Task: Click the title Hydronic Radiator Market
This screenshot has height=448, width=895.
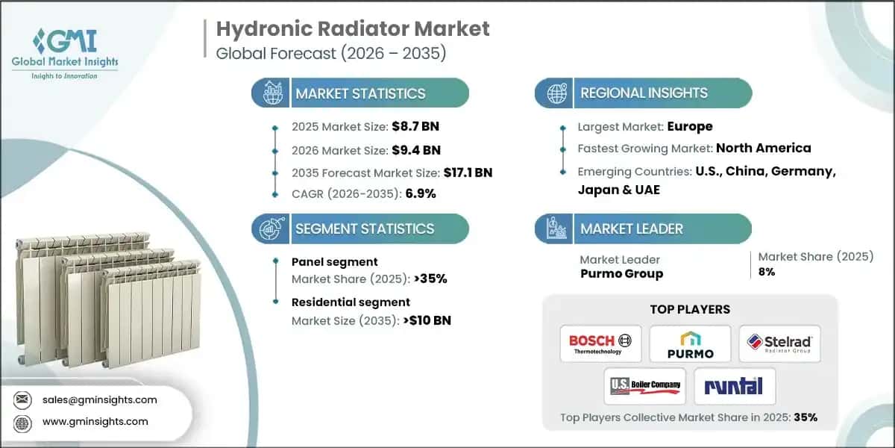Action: [x=353, y=29]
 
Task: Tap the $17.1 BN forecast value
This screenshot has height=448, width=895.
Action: [x=467, y=172]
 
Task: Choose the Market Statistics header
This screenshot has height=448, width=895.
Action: [x=360, y=93]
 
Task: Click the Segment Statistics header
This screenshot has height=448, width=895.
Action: [x=364, y=228]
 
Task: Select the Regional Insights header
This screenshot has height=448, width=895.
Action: [x=644, y=93]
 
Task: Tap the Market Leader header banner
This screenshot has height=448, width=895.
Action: [x=631, y=228]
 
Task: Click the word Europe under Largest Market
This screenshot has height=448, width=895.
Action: [x=690, y=126]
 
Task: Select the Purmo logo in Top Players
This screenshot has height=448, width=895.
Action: [x=690, y=344]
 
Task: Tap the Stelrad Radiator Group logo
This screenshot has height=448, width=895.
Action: [x=779, y=344]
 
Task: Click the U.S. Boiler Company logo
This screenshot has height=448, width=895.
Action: [x=645, y=386]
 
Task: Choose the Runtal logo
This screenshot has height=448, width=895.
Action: [x=735, y=386]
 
